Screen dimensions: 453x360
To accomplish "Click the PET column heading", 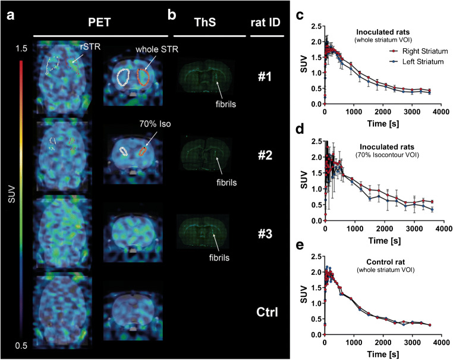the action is pos(99,22).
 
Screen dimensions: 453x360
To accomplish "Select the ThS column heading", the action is pos(205,22).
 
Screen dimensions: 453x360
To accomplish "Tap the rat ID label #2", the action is pos(265,155).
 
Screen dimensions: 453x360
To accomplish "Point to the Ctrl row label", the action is pos(268,312).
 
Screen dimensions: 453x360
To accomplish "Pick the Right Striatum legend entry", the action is pos(419,51).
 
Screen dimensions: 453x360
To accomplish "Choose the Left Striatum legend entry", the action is pos(416,62).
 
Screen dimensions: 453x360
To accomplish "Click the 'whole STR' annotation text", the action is pos(157,49).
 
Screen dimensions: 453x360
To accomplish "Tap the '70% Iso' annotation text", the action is pos(155,124).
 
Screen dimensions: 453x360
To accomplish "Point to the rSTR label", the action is pos(90,46).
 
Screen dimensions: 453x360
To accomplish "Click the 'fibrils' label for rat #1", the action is pos(226,104).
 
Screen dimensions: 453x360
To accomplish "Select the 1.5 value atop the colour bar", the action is pos(21,49).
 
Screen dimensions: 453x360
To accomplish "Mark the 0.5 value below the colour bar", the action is pos(21,346).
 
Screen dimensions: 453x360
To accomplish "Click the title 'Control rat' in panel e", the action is pos(385,262).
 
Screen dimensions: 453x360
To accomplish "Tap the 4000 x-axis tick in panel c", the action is pos(441,112).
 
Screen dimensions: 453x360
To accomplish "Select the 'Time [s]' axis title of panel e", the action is pos(383,354).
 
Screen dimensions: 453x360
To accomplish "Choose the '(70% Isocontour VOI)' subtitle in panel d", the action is pos(387,155).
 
